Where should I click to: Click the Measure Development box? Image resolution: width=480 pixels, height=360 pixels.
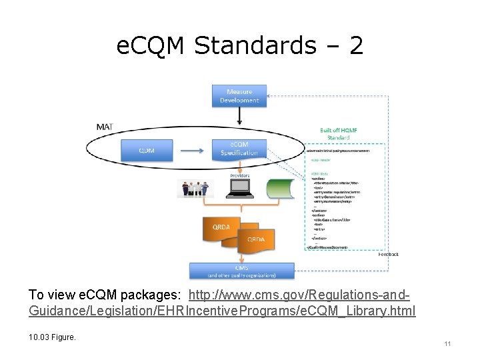(239, 96)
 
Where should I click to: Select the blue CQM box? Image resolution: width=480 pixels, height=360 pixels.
(147, 150)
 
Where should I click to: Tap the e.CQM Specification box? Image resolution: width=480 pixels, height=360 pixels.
(239, 150)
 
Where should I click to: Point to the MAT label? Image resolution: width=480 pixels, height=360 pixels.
(104, 127)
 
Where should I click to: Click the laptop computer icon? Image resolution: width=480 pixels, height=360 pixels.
(239, 189)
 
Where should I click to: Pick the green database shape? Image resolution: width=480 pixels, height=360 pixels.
(280, 189)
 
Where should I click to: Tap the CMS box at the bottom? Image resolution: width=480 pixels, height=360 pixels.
(241, 271)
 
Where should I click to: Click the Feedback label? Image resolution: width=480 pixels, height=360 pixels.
(389, 254)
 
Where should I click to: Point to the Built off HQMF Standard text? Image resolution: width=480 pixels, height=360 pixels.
(335, 134)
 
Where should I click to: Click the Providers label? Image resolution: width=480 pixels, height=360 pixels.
(240, 175)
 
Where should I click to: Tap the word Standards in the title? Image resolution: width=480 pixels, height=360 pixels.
(264, 46)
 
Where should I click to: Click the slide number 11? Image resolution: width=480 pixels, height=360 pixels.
(447, 344)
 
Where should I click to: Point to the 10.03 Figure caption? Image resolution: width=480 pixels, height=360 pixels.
(53, 337)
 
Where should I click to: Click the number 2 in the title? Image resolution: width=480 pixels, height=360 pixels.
(356, 46)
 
